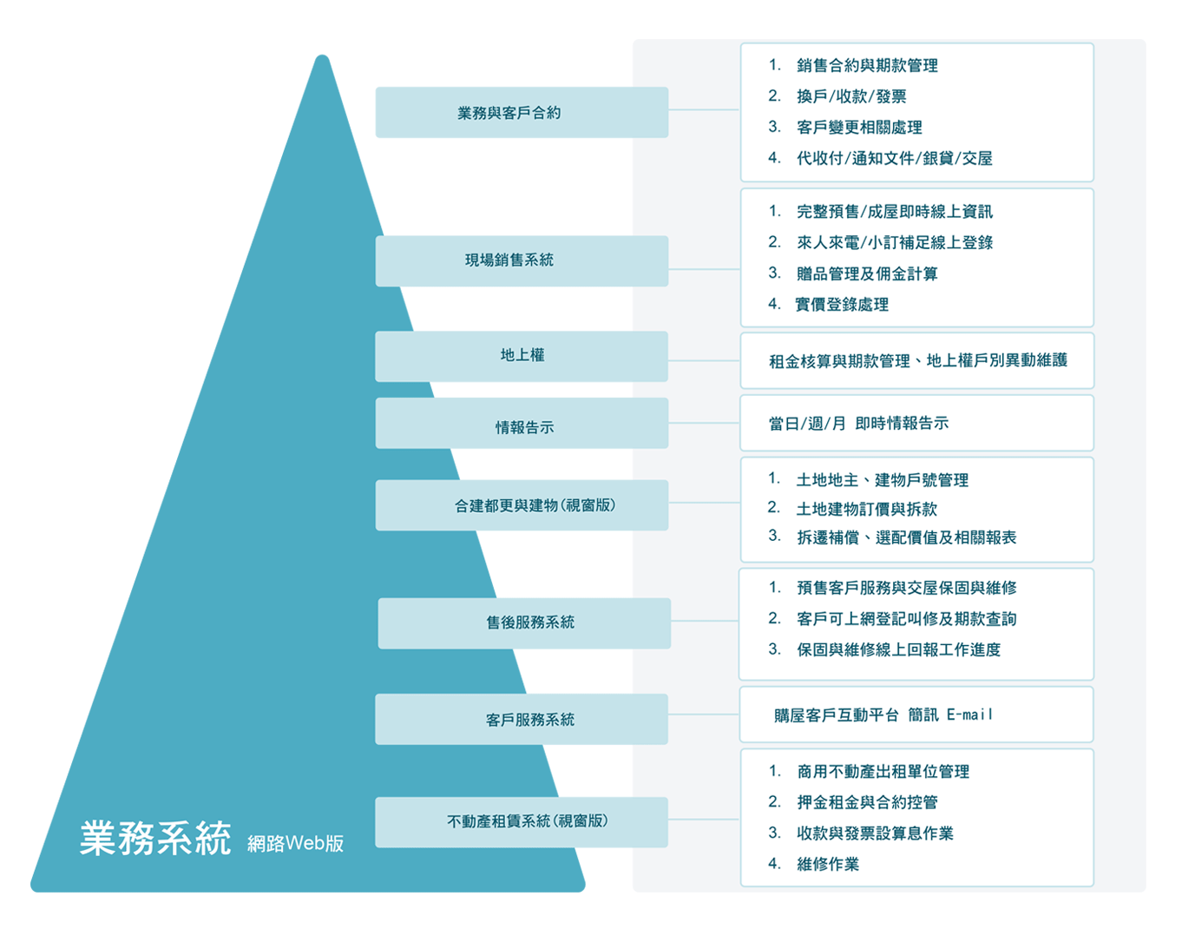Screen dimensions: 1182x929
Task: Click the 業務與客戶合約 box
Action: [x=522, y=112]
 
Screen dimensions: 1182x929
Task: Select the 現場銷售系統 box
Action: [x=522, y=260]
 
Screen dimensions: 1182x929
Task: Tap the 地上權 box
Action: [x=522, y=356]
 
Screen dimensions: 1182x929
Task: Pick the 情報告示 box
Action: [x=522, y=423]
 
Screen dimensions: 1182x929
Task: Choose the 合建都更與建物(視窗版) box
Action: [x=522, y=505]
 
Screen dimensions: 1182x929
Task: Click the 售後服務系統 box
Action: [x=524, y=623]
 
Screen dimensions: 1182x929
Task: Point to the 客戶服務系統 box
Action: [x=522, y=719]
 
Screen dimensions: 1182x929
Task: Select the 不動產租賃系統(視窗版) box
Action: [x=522, y=822]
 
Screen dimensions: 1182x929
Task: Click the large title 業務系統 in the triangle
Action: [x=155, y=838]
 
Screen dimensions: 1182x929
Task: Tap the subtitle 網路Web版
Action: [x=295, y=843]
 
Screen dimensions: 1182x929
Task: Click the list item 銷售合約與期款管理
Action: [x=867, y=65]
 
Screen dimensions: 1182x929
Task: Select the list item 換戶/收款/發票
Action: [x=851, y=96]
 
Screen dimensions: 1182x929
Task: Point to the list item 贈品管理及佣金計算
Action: [x=867, y=273]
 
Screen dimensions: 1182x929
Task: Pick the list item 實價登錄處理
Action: [x=842, y=304]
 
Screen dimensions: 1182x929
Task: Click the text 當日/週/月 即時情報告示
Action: [x=858, y=423]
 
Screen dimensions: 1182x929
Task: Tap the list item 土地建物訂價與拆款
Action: [x=866, y=509]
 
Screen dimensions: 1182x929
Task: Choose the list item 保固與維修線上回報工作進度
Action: [x=898, y=649]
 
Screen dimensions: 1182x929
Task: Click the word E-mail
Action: [x=970, y=715]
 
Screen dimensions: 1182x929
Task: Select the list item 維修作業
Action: [x=828, y=864]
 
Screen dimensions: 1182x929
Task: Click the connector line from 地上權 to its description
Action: [x=704, y=361]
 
